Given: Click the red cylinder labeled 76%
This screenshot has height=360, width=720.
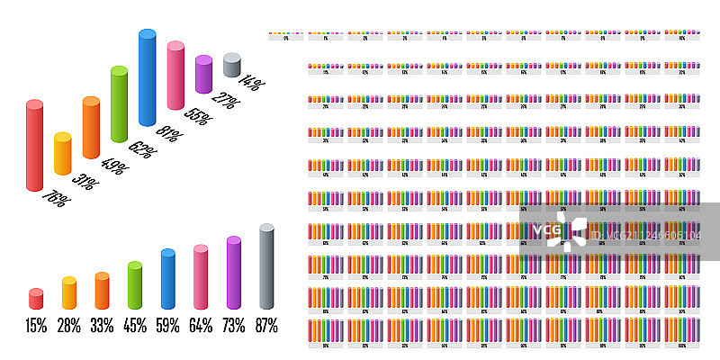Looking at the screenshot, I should tap(34, 146).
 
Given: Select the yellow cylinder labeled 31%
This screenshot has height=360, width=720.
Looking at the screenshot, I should tap(62, 154).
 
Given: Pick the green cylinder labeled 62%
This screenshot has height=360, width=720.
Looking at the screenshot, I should tap(119, 103).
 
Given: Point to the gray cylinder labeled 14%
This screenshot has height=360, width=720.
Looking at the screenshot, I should tap(231, 66).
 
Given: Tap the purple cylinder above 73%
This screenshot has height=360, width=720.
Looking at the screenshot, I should tap(234, 274).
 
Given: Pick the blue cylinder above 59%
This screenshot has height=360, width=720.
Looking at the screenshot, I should tap(167, 279).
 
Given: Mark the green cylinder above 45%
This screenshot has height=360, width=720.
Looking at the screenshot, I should tap(135, 285).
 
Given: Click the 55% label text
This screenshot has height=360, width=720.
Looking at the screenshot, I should tap(198, 117).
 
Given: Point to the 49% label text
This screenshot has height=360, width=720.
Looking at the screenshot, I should tap(113, 167).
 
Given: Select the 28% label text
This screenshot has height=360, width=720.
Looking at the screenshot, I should tap(69, 326).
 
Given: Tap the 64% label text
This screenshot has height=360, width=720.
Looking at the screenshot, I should tap(201, 326).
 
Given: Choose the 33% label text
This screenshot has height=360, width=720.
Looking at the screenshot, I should tap(102, 326).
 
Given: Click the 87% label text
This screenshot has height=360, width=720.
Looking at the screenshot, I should tap(266, 326).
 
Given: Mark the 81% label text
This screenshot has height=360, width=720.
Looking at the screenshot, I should tap(170, 134).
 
